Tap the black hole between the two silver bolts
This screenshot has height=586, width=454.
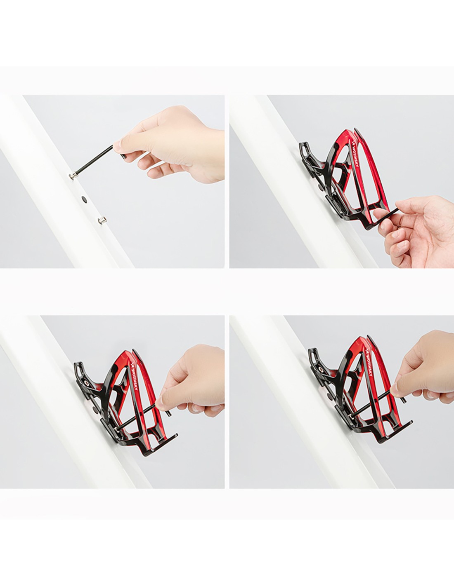[x=85, y=199]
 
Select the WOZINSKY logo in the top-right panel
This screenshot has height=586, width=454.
[x=355, y=155]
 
